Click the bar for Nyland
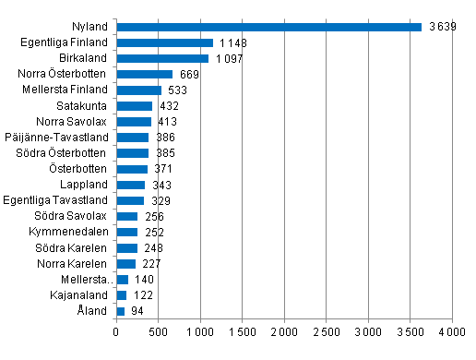[268, 27]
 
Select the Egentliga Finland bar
[164, 42]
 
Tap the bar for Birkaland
[162, 58]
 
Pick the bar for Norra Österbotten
[144, 74]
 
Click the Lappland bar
[130, 185]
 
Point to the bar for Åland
[120, 311]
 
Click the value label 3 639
[440, 27]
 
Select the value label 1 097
[229, 58]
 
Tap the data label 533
[178, 90]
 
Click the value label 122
[143, 295]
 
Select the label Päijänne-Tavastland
[65, 138]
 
